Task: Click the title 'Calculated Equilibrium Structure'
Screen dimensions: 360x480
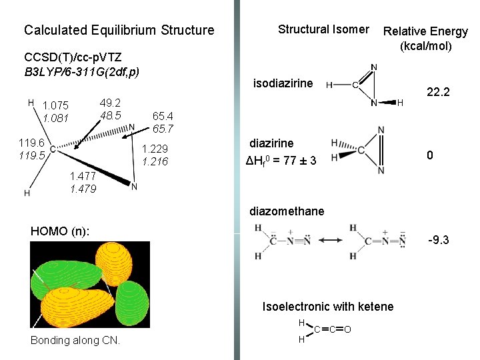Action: point(119,30)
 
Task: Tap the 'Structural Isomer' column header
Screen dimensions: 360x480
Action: point(323,29)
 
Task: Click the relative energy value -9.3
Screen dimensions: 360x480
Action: point(438,239)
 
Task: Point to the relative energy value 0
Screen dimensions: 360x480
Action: point(431,155)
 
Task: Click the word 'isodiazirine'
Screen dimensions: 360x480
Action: point(283,83)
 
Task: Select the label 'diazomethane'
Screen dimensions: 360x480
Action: point(287,211)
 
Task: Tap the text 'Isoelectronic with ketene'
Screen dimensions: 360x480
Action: point(328,307)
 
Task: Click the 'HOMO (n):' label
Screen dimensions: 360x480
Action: point(61,231)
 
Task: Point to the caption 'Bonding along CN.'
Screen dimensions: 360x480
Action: point(76,341)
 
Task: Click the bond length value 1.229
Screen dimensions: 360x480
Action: point(155,149)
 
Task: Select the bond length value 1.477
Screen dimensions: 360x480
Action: point(83,176)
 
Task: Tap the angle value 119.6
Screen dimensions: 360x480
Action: point(32,143)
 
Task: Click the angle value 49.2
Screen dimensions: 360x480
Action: point(110,103)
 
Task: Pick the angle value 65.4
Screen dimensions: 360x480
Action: point(163,115)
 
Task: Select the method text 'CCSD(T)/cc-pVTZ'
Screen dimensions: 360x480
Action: point(72,57)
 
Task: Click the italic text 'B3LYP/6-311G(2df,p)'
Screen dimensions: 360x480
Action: point(81,71)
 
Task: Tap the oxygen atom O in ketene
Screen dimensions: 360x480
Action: point(348,329)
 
